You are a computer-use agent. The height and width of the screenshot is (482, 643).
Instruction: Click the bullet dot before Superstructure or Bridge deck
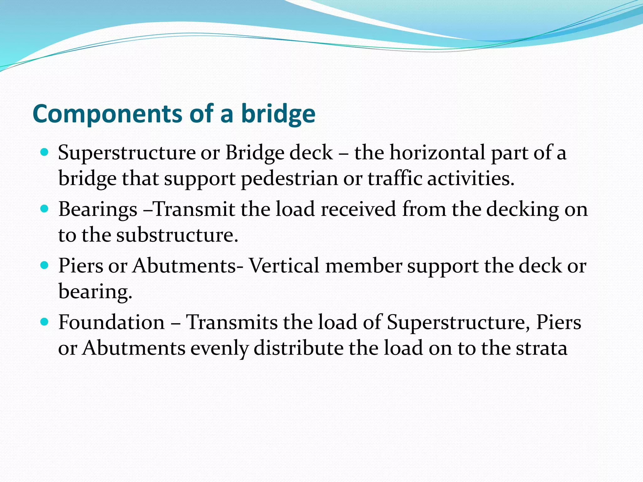coord(45,153)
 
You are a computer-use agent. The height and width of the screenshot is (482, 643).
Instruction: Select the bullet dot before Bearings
coord(45,209)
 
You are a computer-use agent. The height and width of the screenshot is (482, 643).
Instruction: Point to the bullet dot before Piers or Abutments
coord(45,265)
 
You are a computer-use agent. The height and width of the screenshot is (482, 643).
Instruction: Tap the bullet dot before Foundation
coord(45,322)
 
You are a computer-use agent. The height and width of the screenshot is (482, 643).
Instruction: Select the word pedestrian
coord(289,179)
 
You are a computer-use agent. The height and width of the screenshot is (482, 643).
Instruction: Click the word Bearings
coord(98,209)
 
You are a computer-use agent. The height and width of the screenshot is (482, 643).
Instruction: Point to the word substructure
coord(177,235)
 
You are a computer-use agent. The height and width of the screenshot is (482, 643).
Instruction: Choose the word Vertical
coord(284,266)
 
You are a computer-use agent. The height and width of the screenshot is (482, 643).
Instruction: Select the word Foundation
coord(111,322)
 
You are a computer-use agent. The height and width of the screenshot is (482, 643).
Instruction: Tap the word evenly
coord(219,348)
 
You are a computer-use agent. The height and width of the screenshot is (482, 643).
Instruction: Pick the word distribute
coord(298,348)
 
